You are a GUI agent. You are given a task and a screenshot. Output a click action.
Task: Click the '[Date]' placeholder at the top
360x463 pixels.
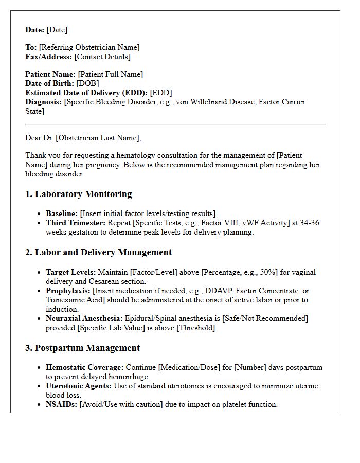[x=57, y=30]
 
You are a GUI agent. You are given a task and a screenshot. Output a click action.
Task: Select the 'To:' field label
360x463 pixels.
[x=31, y=47]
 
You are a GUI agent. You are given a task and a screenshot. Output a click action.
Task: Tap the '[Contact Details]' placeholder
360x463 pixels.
[x=102, y=57]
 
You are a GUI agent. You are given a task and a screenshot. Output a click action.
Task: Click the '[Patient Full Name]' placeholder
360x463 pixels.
[x=110, y=74]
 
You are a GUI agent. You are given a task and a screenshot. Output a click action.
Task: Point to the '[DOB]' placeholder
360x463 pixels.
[x=87, y=83]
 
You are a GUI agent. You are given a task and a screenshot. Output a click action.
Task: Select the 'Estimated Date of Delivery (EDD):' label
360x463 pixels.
[x=86, y=93]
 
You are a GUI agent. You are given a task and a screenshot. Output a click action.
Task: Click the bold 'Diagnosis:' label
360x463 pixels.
[x=44, y=102]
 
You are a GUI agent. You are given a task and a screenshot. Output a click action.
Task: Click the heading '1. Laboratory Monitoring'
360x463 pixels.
[x=78, y=194]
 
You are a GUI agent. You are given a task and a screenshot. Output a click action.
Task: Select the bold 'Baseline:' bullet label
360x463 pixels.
[x=62, y=213]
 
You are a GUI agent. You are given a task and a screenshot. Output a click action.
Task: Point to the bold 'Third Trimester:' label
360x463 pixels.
[x=76, y=223]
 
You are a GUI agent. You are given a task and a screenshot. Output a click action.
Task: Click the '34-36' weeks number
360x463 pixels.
[x=310, y=223]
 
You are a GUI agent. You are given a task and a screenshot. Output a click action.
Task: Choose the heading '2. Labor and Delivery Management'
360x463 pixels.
[x=98, y=252]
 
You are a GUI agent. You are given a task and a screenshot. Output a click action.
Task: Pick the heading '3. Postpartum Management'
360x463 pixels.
[x=82, y=348]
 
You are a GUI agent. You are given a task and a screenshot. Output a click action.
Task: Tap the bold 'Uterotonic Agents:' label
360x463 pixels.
[x=79, y=386]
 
